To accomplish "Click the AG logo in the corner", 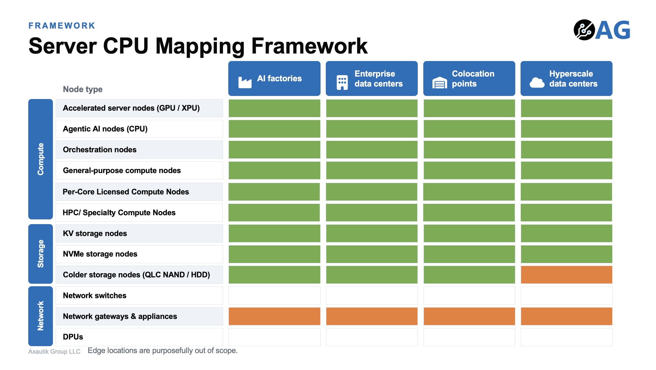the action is [602, 30].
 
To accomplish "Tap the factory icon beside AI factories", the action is [245, 82].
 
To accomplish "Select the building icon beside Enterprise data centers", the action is [342, 82].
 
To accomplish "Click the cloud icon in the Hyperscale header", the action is [537, 83].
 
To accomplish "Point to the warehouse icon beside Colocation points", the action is [440, 83].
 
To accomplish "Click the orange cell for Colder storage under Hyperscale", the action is [567, 275].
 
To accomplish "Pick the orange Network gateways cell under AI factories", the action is [274, 316].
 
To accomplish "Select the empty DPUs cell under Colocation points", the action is [469, 337].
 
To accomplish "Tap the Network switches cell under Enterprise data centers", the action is [372, 295].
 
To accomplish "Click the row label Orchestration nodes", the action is [100, 150].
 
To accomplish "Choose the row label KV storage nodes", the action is [95, 234].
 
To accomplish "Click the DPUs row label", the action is [73, 337].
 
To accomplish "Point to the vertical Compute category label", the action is [40, 159].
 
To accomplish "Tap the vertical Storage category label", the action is [40, 254].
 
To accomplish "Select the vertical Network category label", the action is [40, 316].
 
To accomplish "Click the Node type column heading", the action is [83, 89].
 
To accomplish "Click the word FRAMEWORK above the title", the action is [62, 26].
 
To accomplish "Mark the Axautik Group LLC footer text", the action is [54, 351].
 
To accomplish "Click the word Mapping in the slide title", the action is [200, 46].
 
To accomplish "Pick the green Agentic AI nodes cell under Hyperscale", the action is [567, 129].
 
